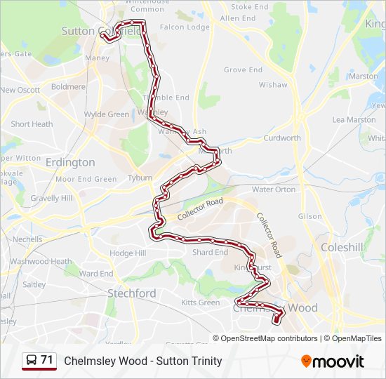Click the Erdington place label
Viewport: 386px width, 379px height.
[x=69, y=162]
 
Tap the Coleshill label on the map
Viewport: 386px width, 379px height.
[x=342, y=247]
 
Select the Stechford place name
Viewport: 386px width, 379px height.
[x=131, y=293]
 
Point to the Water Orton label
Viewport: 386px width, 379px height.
[x=274, y=189]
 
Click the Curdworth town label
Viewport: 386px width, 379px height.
[x=281, y=138]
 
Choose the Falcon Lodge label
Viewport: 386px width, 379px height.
[x=185, y=27]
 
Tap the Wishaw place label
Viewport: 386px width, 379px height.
[x=273, y=85]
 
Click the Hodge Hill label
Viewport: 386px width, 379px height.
[x=127, y=253]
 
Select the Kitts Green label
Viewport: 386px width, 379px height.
[x=200, y=302]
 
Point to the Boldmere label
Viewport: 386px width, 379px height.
[x=68, y=87]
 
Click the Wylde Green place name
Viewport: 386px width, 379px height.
[x=107, y=114]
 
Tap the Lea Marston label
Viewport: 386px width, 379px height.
[x=354, y=120]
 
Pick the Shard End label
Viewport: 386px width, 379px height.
[x=210, y=253]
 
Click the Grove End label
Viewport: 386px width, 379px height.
[x=243, y=70]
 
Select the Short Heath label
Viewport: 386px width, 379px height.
[x=32, y=124]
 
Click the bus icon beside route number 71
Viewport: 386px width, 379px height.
[x=32, y=361]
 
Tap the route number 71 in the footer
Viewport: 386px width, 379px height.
[x=47, y=360]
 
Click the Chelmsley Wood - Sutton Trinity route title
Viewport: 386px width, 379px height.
[x=142, y=361]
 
